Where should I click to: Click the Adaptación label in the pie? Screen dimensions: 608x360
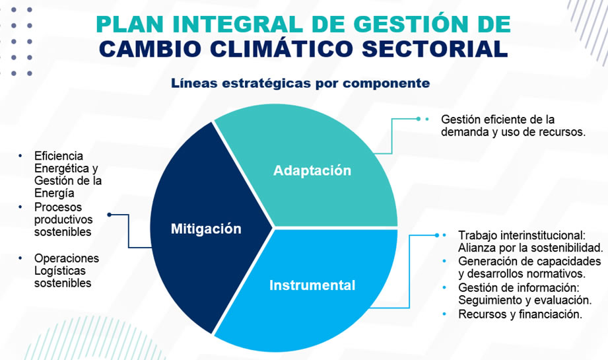coord(312,170)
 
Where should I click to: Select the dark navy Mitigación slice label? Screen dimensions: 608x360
coord(206,229)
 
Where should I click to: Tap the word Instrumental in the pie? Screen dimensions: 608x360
coord(312,285)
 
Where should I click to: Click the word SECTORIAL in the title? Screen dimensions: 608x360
coord(434,49)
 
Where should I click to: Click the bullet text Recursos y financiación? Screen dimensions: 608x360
coord(520,314)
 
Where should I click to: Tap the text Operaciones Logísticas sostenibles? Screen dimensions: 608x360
coord(66,270)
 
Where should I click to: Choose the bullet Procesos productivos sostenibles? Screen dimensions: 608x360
coord(63,219)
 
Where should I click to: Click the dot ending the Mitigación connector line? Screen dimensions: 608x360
coord(110,215)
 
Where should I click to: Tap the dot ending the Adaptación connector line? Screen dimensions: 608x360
coord(418,119)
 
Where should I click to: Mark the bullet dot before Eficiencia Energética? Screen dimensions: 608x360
coord(20,156)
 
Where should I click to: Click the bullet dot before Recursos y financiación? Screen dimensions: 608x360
coord(444,314)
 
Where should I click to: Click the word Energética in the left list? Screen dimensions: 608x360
coord(61,168)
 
